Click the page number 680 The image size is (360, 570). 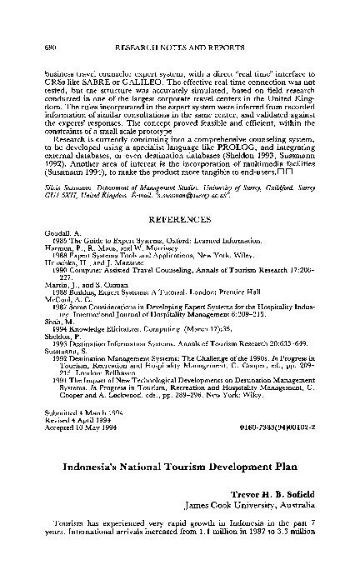(49, 49)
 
